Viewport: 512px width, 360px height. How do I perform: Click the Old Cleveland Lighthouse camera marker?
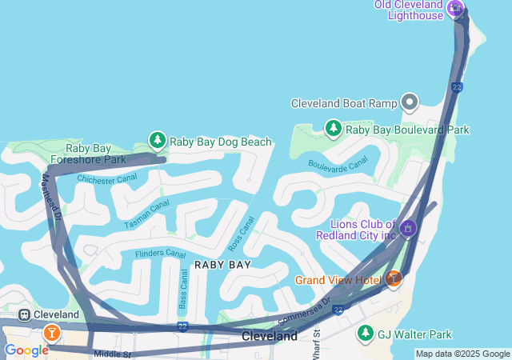click(x=455, y=10)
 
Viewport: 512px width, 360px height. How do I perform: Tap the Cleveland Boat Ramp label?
click(x=344, y=103)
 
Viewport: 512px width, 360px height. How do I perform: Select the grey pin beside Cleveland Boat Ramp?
click(x=410, y=102)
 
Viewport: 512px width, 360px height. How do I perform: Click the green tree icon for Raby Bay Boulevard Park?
click(x=334, y=128)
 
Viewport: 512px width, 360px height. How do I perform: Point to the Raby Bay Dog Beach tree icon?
click(x=158, y=141)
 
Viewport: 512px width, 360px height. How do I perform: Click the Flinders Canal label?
click(x=160, y=254)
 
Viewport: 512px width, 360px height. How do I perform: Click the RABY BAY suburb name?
click(x=222, y=264)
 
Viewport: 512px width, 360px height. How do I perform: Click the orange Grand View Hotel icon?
click(x=393, y=278)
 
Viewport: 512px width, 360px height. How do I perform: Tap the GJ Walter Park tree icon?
click(x=366, y=333)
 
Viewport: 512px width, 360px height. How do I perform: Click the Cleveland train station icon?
click(x=25, y=315)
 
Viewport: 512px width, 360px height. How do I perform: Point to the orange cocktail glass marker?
click(x=52, y=332)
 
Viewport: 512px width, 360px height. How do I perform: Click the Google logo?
click(x=26, y=350)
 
